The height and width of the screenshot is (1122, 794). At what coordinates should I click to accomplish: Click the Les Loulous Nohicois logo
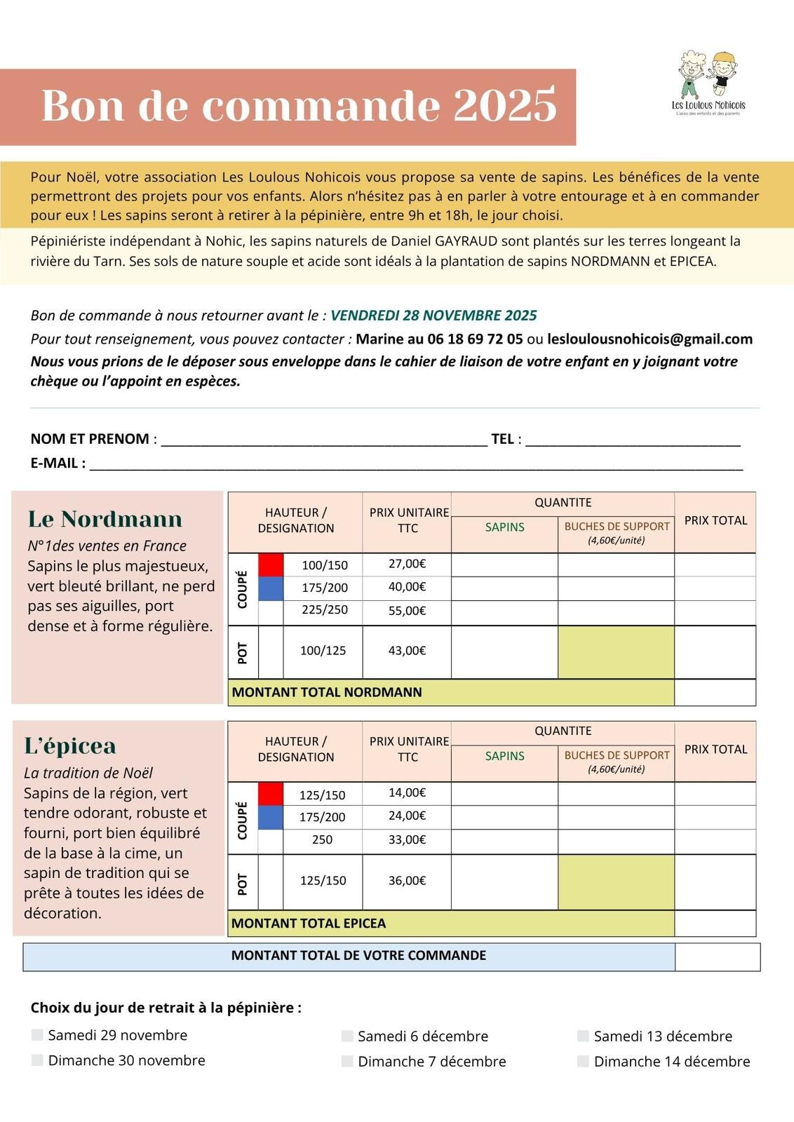point(708,83)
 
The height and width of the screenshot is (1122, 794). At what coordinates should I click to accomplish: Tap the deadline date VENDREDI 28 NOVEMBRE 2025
point(433,316)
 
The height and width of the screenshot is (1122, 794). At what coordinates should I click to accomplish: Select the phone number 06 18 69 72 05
point(475,339)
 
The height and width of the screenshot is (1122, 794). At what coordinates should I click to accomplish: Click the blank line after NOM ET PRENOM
point(324,440)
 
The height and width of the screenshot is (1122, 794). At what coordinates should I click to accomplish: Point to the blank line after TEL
point(633,440)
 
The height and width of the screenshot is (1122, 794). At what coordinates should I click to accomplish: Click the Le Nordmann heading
point(105,519)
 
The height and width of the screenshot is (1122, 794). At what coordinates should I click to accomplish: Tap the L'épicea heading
point(70,745)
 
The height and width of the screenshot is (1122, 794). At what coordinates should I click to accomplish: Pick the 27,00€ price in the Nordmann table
point(407,564)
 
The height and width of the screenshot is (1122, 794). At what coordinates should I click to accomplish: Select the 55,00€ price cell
point(407,611)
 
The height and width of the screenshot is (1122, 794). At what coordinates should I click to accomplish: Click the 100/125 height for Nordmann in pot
point(323,651)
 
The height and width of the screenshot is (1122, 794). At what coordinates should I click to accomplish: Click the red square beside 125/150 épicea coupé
point(271,794)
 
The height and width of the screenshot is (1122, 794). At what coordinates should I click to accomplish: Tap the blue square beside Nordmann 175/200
point(271,588)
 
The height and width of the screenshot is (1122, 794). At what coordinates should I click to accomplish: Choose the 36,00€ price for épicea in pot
point(407,881)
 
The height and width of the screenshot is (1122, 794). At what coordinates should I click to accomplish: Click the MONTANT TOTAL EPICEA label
point(309,924)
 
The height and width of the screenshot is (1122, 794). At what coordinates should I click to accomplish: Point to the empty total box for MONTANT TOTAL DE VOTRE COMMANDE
point(717,957)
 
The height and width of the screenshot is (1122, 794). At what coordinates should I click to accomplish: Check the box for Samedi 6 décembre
point(347,1036)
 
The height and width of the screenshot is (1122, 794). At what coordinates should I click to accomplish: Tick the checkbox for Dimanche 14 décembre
point(583,1061)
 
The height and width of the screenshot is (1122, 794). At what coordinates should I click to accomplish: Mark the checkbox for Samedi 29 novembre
point(37,1035)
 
